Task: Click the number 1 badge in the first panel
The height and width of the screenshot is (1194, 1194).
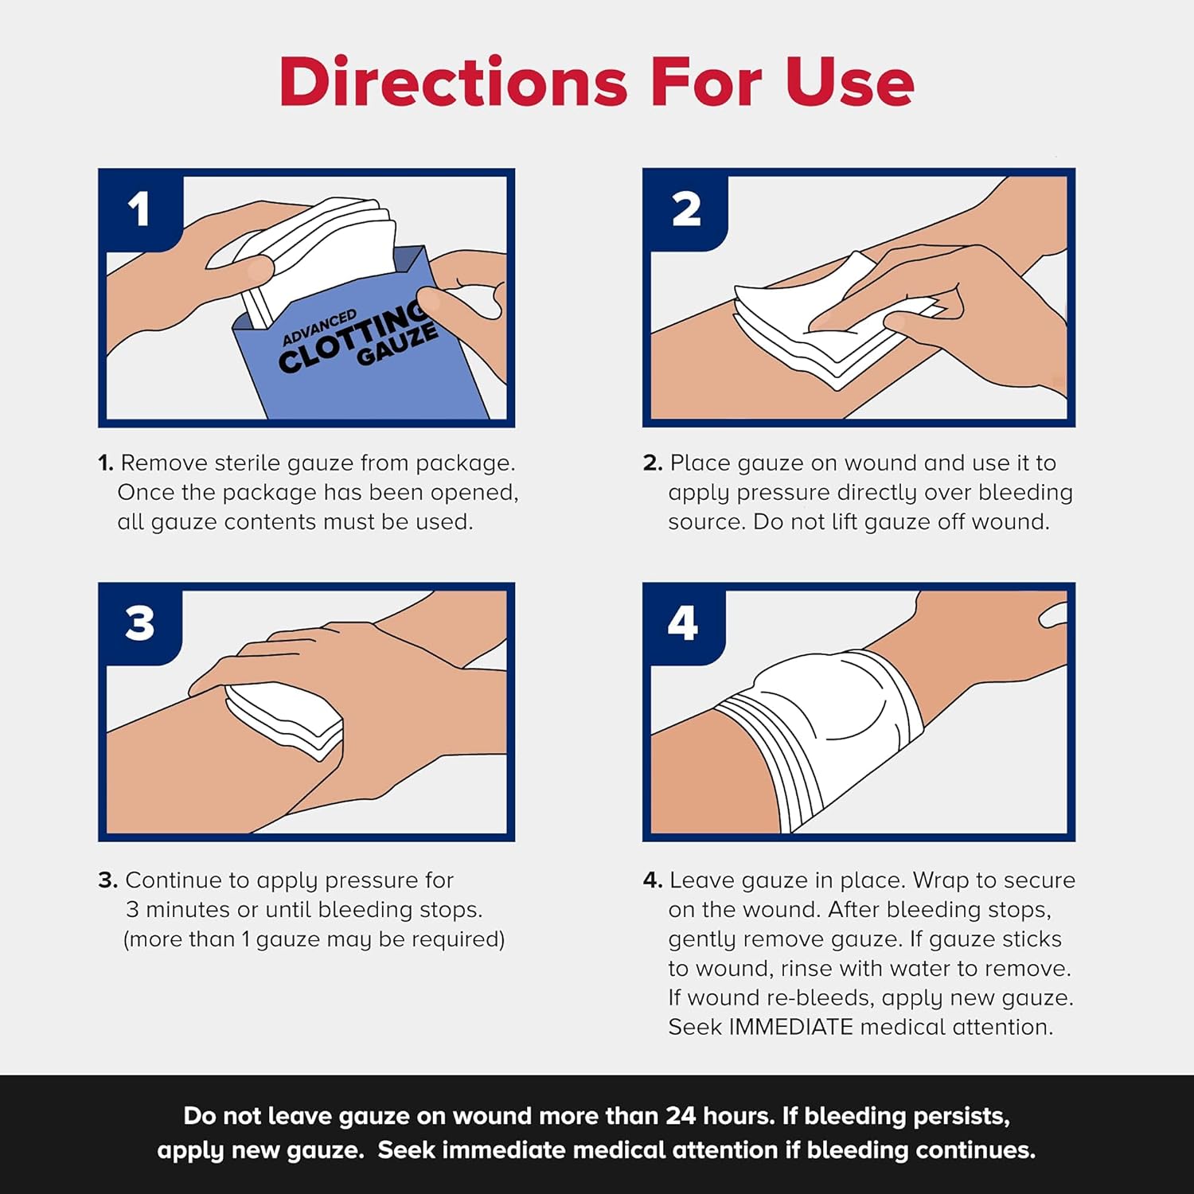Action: click(x=139, y=209)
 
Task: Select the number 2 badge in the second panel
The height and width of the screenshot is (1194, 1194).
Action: click(x=686, y=209)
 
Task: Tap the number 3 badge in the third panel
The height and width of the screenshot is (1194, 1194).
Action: click(x=139, y=623)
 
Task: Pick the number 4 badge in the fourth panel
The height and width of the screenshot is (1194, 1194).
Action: click(x=683, y=623)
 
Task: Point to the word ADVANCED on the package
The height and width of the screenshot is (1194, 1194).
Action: click(x=319, y=327)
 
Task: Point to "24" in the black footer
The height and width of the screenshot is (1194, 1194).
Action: click(x=681, y=1116)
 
